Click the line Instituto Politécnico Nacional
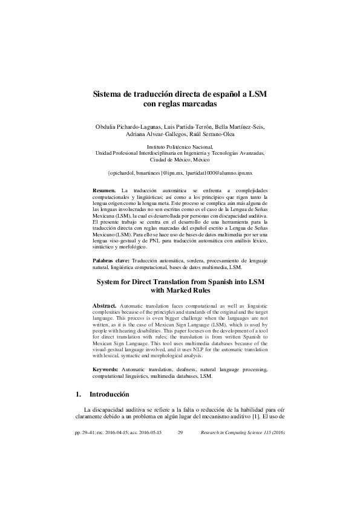[180, 148]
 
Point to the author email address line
[180, 172]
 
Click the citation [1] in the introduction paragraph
[256, 418]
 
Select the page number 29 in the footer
[180, 433]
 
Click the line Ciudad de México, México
[180, 160]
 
